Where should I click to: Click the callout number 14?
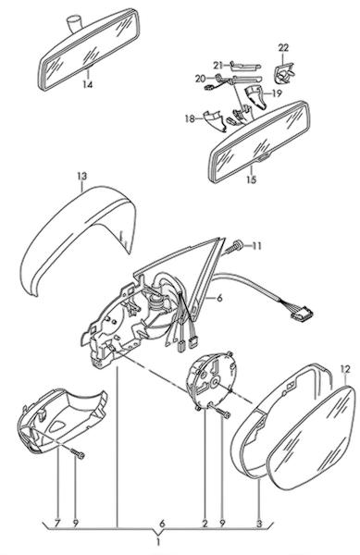click(87, 84)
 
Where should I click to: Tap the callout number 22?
click(283, 47)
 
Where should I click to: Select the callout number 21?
click(218, 66)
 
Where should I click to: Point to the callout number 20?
click(200, 79)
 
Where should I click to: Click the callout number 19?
click(277, 93)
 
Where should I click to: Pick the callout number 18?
click(190, 118)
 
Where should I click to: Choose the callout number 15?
click(251, 179)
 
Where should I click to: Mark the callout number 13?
click(81, 176)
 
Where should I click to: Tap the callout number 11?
click(256, 246)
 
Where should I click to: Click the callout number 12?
click(345, 369)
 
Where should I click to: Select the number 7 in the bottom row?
click(57, 524)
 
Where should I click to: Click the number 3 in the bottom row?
click(259, 524)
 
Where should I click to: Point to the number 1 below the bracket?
click(158, 542)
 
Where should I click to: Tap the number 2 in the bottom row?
click(205, 524)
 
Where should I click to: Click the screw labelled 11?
click(233, 247)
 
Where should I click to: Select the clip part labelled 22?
click(284, 73)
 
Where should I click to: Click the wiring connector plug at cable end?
click(302, 314)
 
